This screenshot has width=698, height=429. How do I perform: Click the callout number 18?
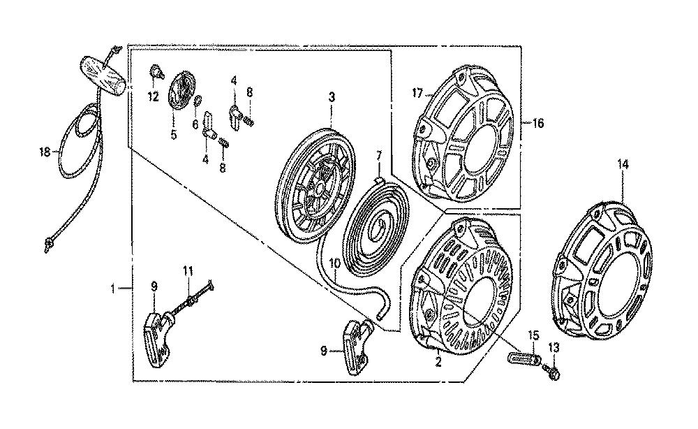[x=45, y=152]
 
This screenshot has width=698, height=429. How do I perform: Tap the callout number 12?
[x=153, y=96]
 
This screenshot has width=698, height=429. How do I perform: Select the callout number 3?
[x=332, y=97]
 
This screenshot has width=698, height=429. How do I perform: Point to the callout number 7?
[x=379, y=156]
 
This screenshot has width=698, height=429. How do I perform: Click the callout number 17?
[x=417, y=94]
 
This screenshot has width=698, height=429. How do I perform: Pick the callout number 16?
[x=538, y=123]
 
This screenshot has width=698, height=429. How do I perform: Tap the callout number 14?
[x=623, y=164]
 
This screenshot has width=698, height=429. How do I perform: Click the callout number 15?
[x=533, y=335]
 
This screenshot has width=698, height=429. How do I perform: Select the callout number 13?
[x=554, y=347]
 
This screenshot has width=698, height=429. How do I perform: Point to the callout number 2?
[x=438, y=362]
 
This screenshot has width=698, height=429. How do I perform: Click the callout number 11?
[x=188, y=270]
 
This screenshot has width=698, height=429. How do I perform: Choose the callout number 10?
[x=335, y=263]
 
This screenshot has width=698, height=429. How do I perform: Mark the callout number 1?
[x=113, y=289]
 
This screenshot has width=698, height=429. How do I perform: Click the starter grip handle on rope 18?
[x=103, y=75]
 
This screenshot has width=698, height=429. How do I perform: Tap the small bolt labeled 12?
[x=156, y=71]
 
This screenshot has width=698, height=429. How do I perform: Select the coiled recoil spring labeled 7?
[x=374, y=227]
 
